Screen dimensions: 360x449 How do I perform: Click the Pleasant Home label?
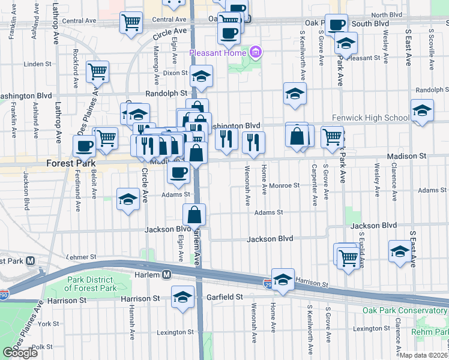point(218,52)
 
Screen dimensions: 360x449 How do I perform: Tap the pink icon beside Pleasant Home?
point(256,52)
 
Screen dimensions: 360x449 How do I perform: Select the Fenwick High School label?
point(370,118)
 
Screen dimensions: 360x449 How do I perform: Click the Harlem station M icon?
point(167,274)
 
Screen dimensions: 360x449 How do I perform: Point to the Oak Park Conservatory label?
point(405,310)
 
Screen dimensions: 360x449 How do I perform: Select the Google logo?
point(20,353)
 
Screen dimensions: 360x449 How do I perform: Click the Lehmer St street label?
point(82,256)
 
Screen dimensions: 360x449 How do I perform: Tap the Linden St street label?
point(38,64)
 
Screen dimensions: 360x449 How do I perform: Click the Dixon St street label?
point(175,73)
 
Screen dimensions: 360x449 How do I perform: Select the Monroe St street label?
point(283,186)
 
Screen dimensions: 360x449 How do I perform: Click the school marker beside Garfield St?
point(183,296)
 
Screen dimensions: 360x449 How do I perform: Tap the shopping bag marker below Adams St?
point(194,214)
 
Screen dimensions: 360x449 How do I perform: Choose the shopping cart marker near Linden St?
point(97,71)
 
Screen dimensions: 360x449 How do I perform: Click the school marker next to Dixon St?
point(202,76)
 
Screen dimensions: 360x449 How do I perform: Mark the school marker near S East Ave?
point(400,250)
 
